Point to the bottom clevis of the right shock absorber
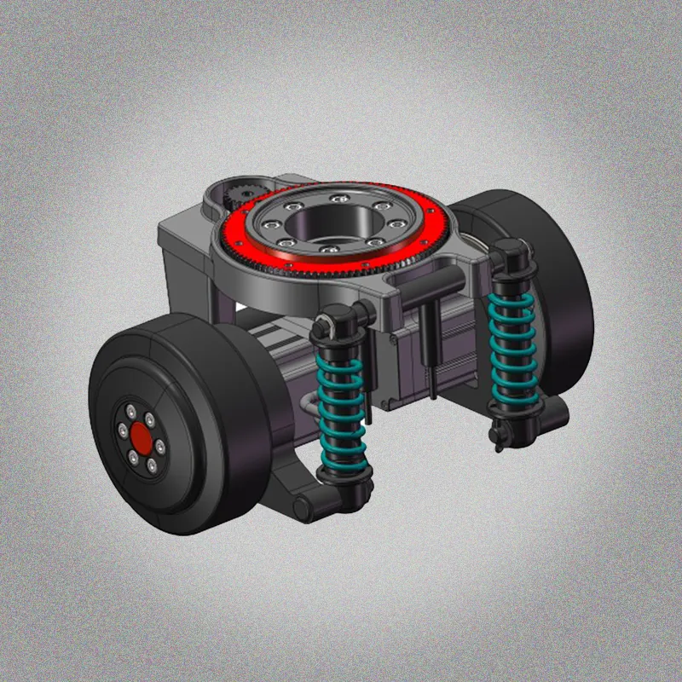[x=503, y=435]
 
